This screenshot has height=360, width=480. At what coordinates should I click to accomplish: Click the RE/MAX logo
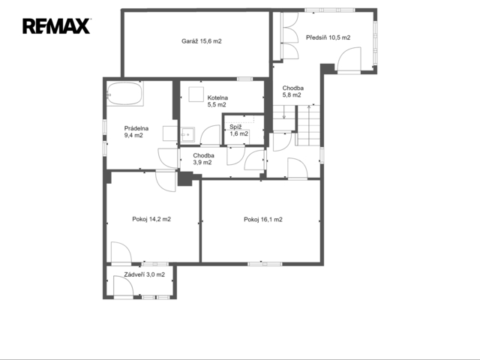coord(56,26)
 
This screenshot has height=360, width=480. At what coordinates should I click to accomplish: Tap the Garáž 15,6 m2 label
coord(202,41)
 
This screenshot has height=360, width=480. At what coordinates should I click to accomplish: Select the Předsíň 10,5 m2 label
coord(328,37)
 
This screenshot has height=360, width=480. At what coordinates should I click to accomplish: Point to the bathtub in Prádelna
coord(125,93)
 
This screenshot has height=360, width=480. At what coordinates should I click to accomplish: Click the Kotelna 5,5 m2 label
coord(217,101)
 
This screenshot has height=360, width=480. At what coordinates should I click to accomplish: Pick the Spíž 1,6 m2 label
coord(238,130)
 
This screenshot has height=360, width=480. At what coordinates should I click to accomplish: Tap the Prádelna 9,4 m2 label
coord(136,132)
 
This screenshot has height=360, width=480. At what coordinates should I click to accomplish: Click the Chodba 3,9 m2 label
coord(203,159)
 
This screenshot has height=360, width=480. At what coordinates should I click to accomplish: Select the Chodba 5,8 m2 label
coord(292,91)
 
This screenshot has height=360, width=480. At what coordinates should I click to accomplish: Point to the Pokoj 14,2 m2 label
coord(151,219)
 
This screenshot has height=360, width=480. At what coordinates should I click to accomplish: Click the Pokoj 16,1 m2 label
coord(263,220)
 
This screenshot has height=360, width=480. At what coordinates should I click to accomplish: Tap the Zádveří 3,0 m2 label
coord(144,274)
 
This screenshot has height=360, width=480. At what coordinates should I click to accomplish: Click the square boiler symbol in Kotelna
coord(196,94)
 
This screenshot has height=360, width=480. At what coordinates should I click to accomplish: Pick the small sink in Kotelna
coord(187,135)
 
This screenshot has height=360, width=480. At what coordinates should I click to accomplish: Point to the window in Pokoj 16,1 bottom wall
coord(265,264)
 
